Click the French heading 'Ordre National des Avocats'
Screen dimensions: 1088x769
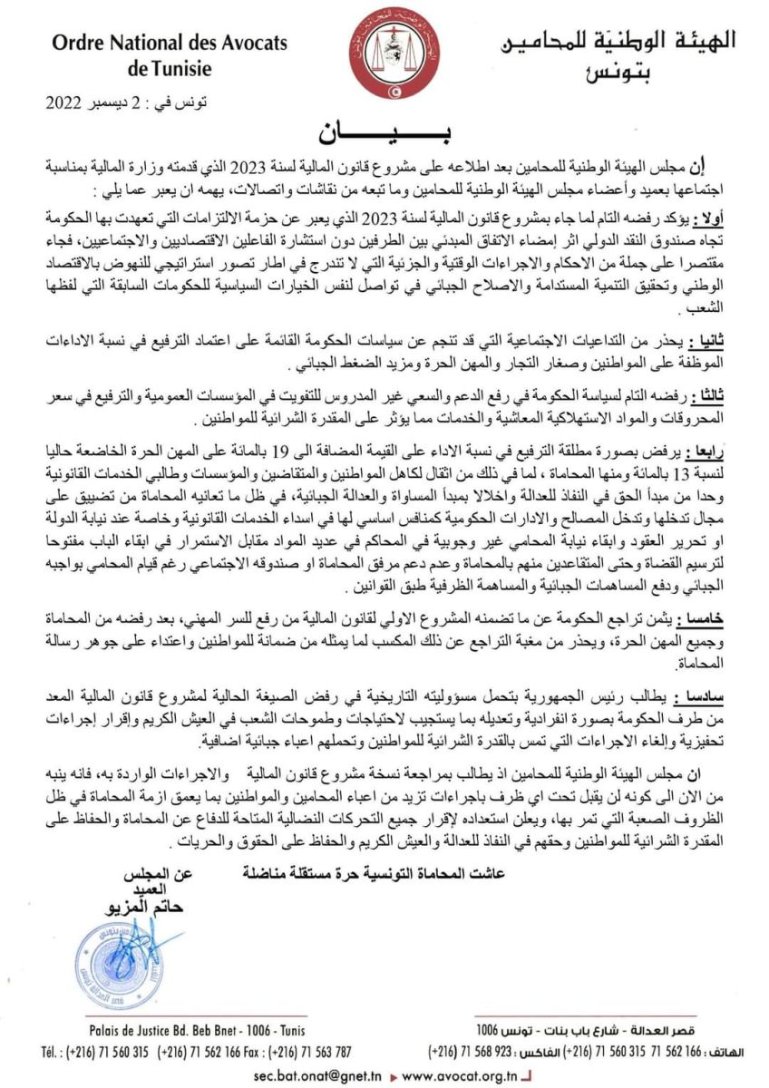pos(170,43)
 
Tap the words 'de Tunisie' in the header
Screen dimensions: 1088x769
pos(170,68)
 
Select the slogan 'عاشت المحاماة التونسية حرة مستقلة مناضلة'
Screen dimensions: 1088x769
pos(374,873)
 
